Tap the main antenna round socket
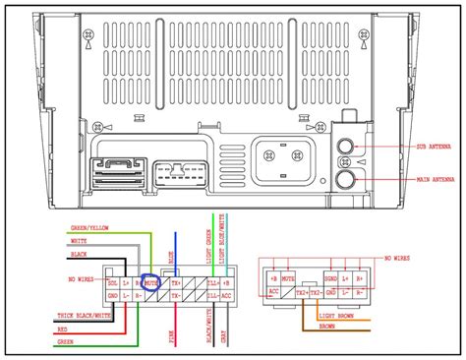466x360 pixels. [x=346, y=179]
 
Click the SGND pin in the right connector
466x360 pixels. [x=330, y=279]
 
